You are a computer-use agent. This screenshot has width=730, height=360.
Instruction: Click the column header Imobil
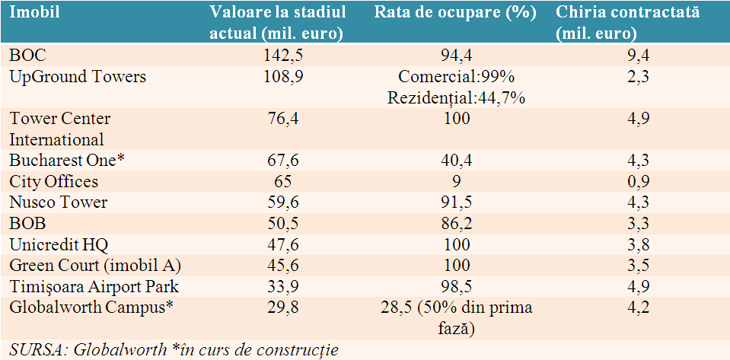(35, 13)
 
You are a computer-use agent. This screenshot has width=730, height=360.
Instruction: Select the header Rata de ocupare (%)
(455, 13)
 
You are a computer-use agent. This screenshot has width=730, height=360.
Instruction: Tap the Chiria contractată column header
(627, 23)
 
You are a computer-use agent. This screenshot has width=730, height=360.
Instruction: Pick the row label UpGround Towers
(78, 77)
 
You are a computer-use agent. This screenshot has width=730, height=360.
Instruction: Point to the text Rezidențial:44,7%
(455, 97)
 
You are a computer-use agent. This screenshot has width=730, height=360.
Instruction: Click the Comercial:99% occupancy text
(455, 76)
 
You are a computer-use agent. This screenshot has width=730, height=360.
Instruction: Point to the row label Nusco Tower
(59, 202)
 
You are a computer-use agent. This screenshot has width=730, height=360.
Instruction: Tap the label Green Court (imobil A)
(95, 266)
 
